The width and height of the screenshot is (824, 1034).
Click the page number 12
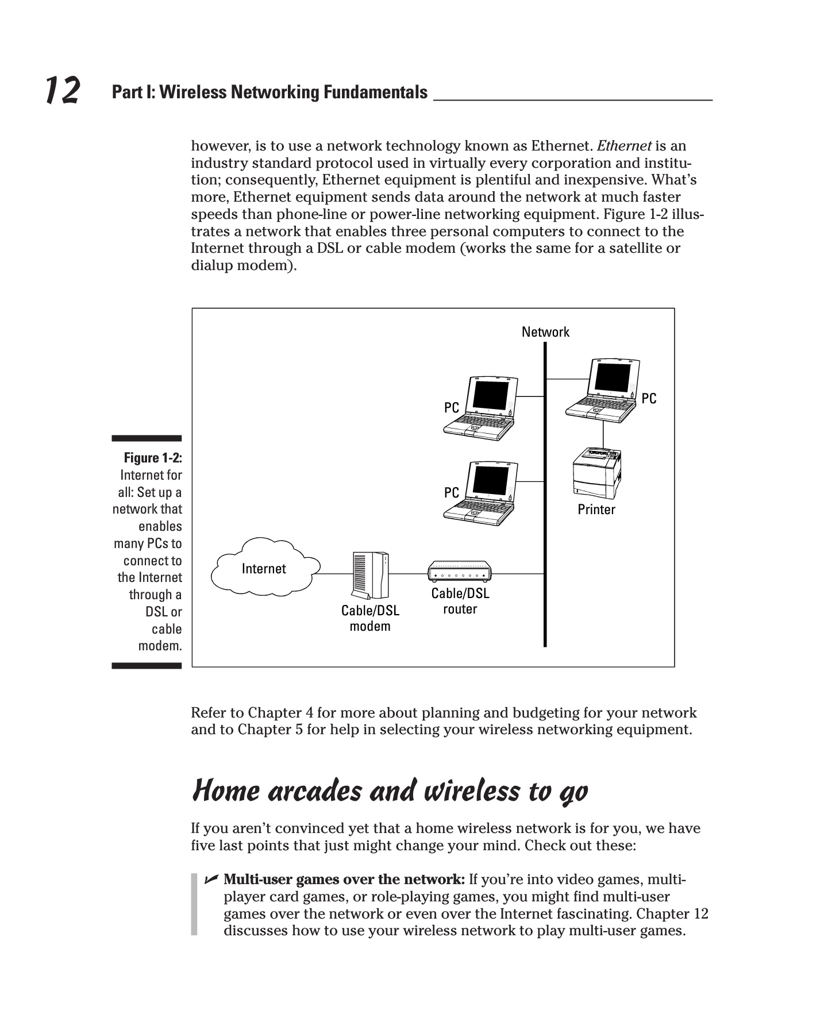pyautogui.click(x=62, y=91)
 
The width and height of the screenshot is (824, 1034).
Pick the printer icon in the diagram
pyautogui.click(x=597, y=473)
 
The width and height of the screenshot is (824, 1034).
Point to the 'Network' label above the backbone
pyautogui.click(x=545, y=332)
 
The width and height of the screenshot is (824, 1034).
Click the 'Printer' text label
pyautogui.click(x=596, y=510)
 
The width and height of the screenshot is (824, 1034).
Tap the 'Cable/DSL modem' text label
pyautogui.click(x=370, y=618)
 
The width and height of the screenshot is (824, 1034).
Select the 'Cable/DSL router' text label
pyautogui.click(x=460, y=601)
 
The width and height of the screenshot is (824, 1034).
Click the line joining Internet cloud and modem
pyautogui.click(x=334, y=574)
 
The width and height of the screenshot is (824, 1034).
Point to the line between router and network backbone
pyautogui.click(x=517, y=574)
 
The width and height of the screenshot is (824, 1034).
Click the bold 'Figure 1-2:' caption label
pyautogui.click(x=153, y=458)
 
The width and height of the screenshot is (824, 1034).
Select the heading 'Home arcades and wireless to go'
pyautogui.click(x=390, y=792)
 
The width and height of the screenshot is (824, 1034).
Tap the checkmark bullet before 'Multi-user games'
pyautogui.click(x=210, y=879)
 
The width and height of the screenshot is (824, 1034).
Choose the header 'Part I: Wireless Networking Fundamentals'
pyautogui.click(x=269, y=92)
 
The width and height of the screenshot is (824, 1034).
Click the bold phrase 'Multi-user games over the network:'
pyautogui.click(x=344, y=879)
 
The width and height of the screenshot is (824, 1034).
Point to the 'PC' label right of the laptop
pyautogui.click(x=649, y=398)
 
